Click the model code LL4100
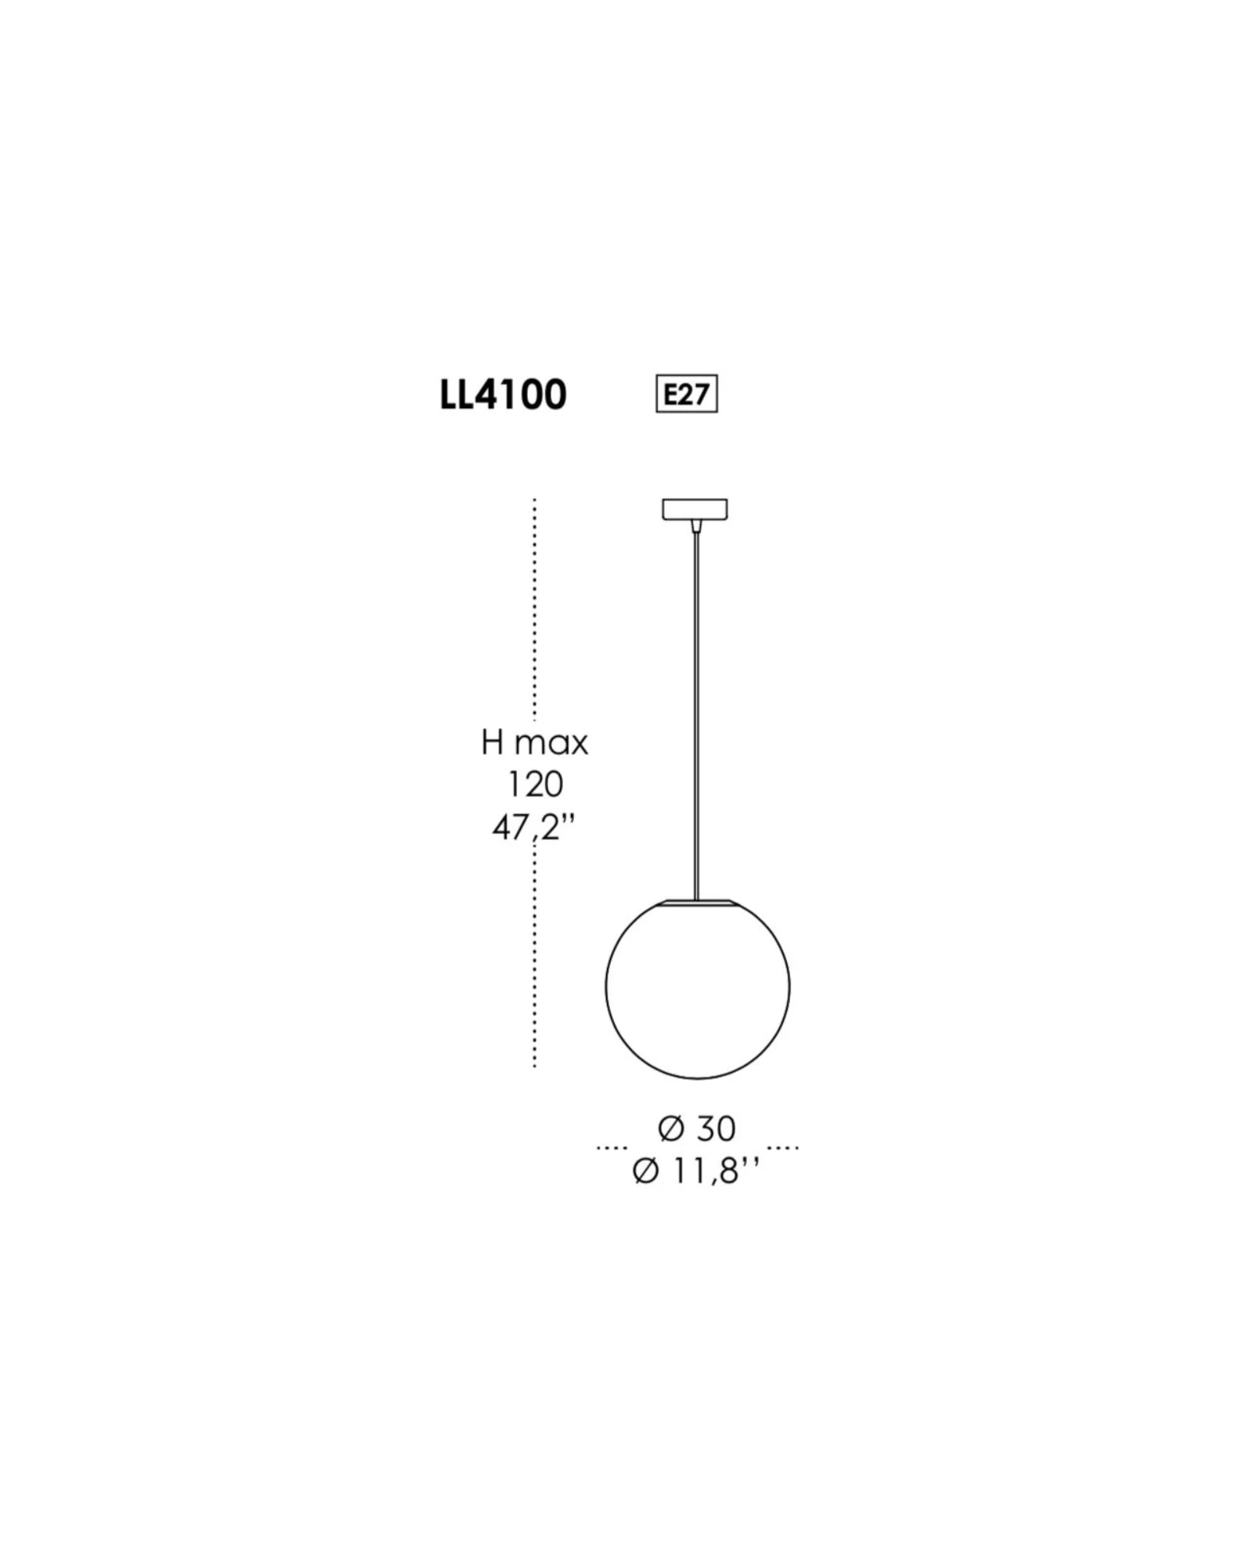503,395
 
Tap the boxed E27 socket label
686,394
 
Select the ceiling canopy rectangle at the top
695,509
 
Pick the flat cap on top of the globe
696,903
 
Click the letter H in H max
492,742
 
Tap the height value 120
536,785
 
